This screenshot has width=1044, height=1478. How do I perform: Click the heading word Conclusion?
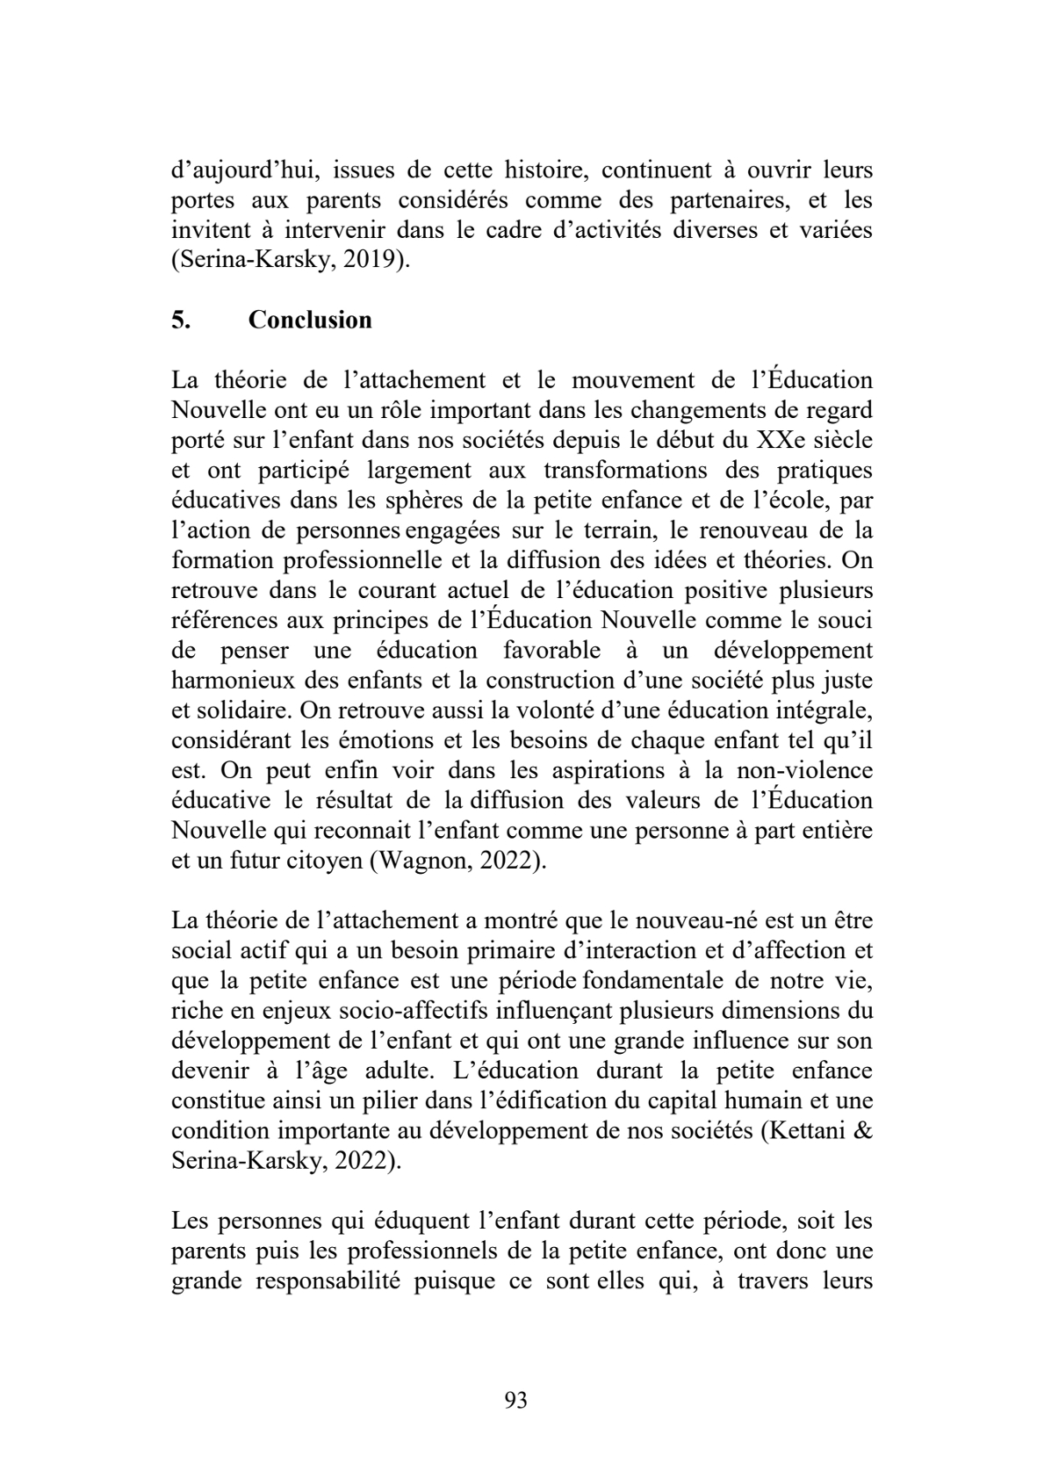click(x=310, y=320)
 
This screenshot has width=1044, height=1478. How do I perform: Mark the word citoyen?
click(x=328, y=860)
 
